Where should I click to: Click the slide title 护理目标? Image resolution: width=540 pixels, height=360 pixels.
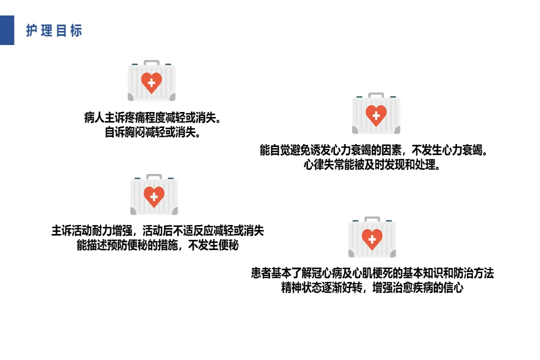tap(54, 30)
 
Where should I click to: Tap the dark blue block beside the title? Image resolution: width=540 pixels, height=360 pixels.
tap(7, 30)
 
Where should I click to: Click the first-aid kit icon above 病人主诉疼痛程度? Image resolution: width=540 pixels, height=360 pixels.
tap(151, 81)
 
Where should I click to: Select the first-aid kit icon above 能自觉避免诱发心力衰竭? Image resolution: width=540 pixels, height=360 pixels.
tap(376, 113)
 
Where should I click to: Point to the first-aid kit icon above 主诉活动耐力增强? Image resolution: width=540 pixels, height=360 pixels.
tap(154, 195)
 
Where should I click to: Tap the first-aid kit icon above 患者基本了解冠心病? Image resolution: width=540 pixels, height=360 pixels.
tap(372, 237)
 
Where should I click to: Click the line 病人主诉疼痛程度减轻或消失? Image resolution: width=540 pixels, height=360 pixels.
tap(152, 119)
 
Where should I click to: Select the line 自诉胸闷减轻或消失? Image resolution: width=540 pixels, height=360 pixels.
tap(152, 133)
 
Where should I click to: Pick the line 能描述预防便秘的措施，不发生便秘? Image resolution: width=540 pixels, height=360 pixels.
tap(157, 245)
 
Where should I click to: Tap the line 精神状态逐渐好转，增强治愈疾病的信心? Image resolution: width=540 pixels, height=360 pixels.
tap(372, 288)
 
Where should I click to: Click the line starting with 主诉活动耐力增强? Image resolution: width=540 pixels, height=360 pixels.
tap(157, 231)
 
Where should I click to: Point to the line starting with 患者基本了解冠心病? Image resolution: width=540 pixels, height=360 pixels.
tap(372, 274)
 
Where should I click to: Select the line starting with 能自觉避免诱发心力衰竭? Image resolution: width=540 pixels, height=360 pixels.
tap(373, 150)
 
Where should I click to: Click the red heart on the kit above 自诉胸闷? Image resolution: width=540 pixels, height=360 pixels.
tap(151, 83)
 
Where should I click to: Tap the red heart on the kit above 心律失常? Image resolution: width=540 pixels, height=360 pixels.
tap(376, 115)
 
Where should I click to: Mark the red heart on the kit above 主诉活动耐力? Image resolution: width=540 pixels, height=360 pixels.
tap(154, 197)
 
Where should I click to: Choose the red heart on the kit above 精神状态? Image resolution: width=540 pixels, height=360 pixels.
tap(372, 239)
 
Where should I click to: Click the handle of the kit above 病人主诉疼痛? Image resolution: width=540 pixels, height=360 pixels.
tap(151, 62)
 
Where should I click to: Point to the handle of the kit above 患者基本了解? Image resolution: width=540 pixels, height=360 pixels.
tap(372, 219)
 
